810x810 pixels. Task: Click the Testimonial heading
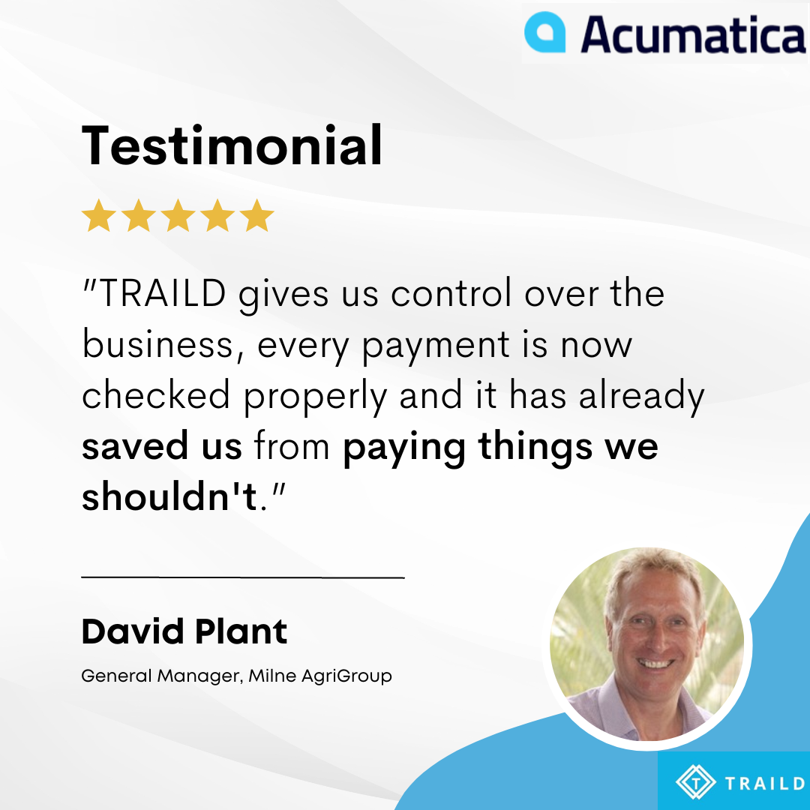(232, 145)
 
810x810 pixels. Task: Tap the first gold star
(99, 215)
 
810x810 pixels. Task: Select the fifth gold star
(256, 215)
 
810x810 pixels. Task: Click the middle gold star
(178, 215)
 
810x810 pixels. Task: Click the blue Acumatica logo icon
(545, 32)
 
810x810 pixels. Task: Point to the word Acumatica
(693, 34)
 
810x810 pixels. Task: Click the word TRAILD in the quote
(162, 293)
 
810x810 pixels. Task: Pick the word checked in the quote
(155, 394)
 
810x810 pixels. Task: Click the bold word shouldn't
(169, 496)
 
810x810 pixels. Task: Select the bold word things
(535, 447)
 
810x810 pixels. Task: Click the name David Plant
(184, 631)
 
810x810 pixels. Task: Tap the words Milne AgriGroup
(320, 676)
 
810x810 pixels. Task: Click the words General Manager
(160, 676)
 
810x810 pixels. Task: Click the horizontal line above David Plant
(243, 577)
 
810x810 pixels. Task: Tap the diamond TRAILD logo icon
(695, 782)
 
